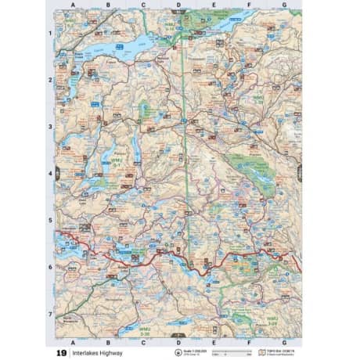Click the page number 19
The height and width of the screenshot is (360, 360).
coord(61,353)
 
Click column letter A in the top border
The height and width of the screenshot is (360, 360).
coord(73,4)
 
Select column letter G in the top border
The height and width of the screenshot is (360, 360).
coord(284,4)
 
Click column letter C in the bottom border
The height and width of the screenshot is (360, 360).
coord(143,342)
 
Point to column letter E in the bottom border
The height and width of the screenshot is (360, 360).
coord(214,342)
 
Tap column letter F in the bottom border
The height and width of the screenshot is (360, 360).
coord(249,342)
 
